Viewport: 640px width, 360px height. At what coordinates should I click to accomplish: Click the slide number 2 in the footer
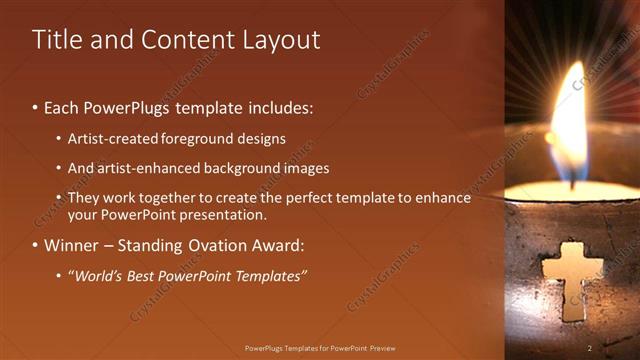(x=590, y=348)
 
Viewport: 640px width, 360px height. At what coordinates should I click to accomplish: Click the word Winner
(x=70, y=245)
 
